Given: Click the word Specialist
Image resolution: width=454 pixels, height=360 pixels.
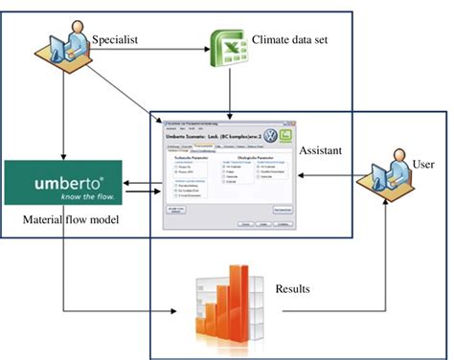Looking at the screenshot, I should pos(118,39).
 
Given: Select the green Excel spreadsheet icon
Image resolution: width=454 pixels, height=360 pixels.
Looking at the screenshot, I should pos(226,45).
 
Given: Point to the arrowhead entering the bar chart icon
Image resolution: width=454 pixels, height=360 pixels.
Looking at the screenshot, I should pos(187,310).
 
